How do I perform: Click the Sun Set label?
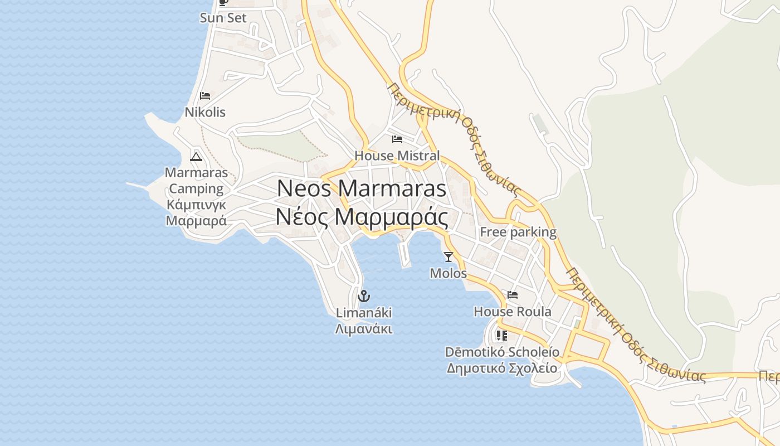coord(223,18)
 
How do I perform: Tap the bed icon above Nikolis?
coord(205,96)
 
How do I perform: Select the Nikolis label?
coord(205,112)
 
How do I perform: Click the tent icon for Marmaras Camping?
coord(196,156)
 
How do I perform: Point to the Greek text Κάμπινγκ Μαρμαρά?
coord(196,212)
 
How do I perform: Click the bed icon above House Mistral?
coord(397,139)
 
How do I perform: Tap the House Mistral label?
coord(397,156)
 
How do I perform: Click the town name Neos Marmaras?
coord(362,188)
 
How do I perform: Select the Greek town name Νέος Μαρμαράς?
coord(362,217)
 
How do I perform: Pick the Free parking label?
coord(518,232)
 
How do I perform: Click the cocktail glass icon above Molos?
coord(448,257)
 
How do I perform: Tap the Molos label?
coord(448,273)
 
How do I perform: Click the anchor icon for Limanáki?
coord(364,296)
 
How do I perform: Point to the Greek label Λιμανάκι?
coord(364,329)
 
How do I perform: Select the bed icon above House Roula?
coord(513,295)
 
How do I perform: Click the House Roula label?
coord(513,311)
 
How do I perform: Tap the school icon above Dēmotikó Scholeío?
coord(502,336)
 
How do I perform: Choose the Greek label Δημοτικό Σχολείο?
coord(502,368)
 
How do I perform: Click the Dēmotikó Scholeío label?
coord(502,352)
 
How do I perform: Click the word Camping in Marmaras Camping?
coord(196,188)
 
